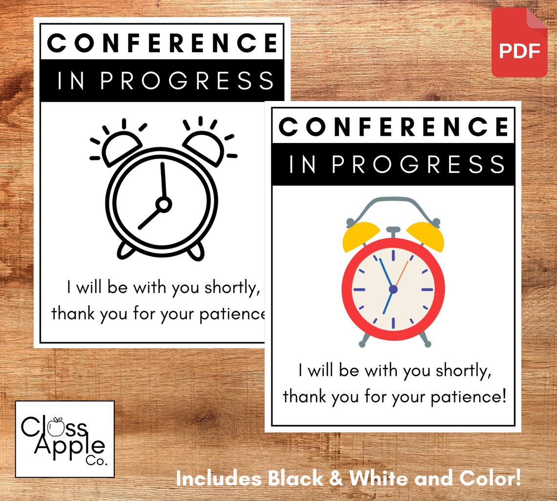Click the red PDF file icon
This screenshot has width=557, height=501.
click(x=519, y=43)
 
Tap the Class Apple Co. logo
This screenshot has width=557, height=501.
click(x=64, y=439)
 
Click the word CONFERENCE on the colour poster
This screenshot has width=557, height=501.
click(x=393, y=127)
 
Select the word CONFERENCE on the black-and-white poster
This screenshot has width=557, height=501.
click(x=163, y=43)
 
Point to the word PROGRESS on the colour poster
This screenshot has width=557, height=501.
click(x=418, y=165)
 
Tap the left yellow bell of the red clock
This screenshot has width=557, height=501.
click(x=361, y=236)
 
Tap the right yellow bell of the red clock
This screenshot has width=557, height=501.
click(x=426, y=236)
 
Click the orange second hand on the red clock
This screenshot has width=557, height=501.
click(x=401, y=273)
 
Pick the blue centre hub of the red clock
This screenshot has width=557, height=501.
click(x=393, y=289)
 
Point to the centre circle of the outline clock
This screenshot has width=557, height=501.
click(x=163, y=204)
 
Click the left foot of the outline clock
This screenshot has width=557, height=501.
click(x=126, y=250)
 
